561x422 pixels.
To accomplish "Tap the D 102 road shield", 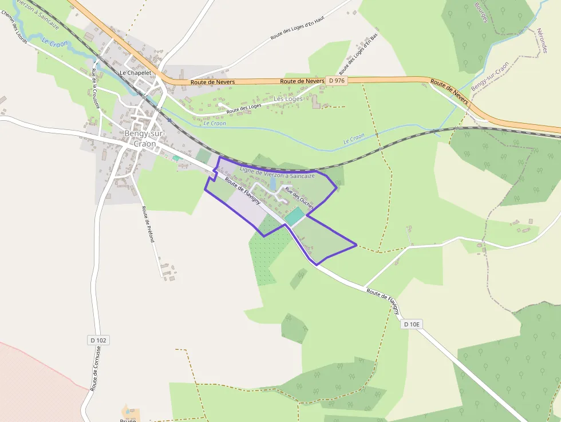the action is (x=98, y=340).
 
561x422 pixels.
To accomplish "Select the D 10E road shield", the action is (x=412, y=324).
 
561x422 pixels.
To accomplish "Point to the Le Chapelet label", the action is (x=135, y=73).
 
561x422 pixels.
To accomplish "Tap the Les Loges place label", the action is (x=288, y=99).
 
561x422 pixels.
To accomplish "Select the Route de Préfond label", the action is (x=148, y=224).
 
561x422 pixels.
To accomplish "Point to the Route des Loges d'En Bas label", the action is (x=358, y=54).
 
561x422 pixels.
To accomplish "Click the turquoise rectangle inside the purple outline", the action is (x=294, y=216).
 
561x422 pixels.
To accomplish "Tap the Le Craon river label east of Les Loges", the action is (x=354, y=138).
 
